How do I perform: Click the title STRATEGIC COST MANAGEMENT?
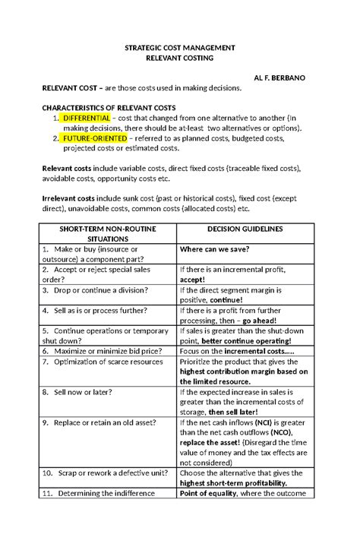tap(180, 48)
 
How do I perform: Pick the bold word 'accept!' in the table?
tap(193, 280)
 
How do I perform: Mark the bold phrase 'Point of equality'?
tap(207, 493)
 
